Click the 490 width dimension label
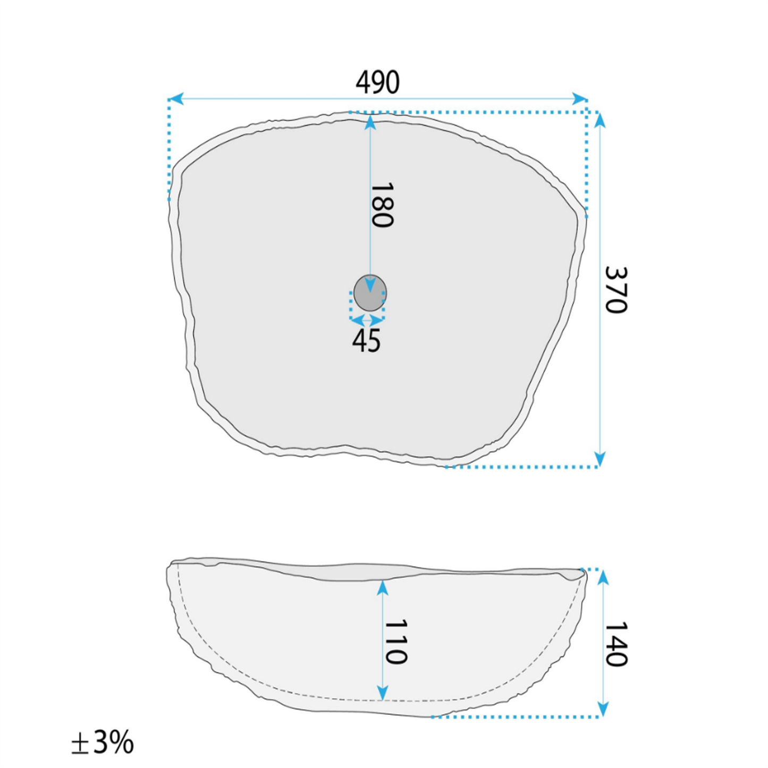point(377,82)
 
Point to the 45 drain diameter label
point(366,340)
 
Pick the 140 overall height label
point(616,644)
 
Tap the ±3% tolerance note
point(103,742)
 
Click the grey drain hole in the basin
point(370,293)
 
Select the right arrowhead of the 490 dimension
point(579,98)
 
